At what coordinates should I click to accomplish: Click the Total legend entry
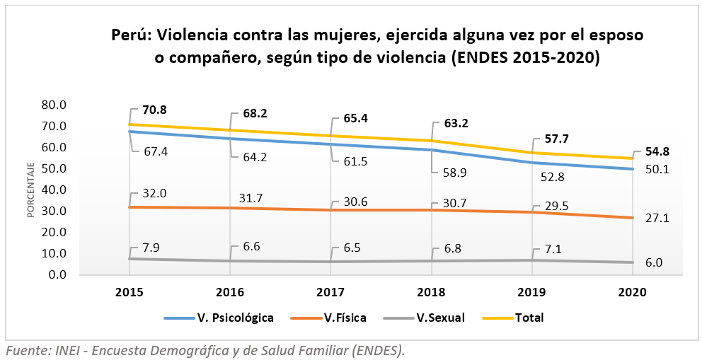[x=530, y=318]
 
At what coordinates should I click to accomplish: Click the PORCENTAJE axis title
[x=32, y=190]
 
